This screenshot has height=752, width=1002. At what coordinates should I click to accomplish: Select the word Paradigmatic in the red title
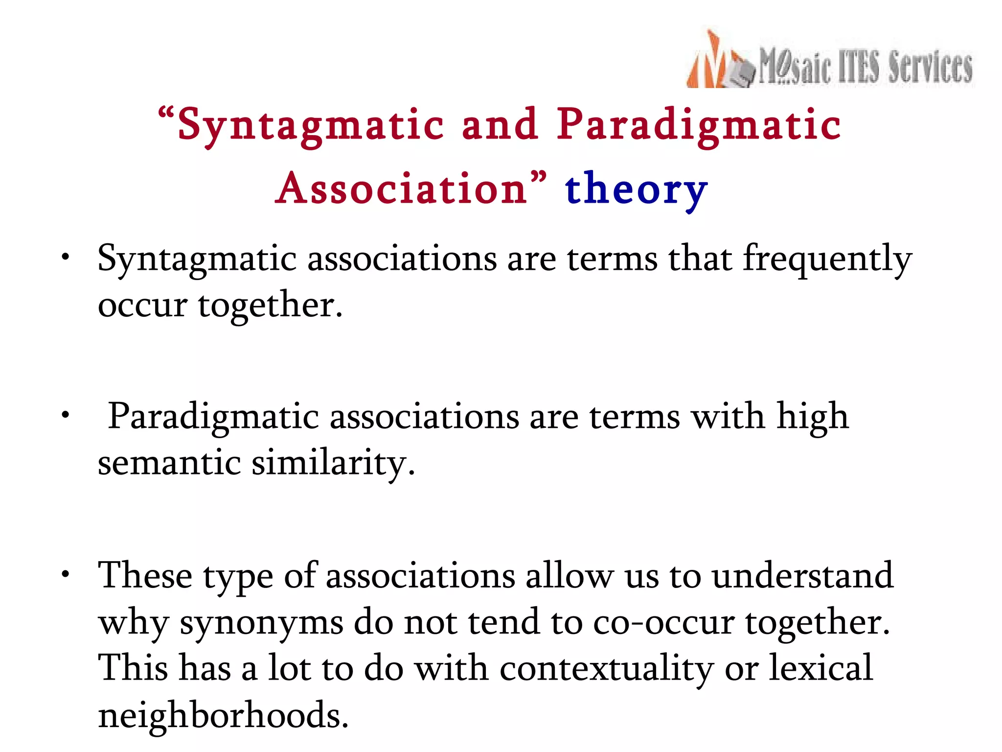point(699,125)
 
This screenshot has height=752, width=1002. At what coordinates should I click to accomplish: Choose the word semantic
point(169,463)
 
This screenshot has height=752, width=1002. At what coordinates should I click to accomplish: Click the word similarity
point(333,463)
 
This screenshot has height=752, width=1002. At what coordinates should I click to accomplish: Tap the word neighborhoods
point(223,715)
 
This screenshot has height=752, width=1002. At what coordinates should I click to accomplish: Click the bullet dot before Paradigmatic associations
point(65,415)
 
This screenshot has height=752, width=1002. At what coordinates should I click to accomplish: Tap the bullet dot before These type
point(65,574)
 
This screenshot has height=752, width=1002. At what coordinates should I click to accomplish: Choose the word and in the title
point(500,125)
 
